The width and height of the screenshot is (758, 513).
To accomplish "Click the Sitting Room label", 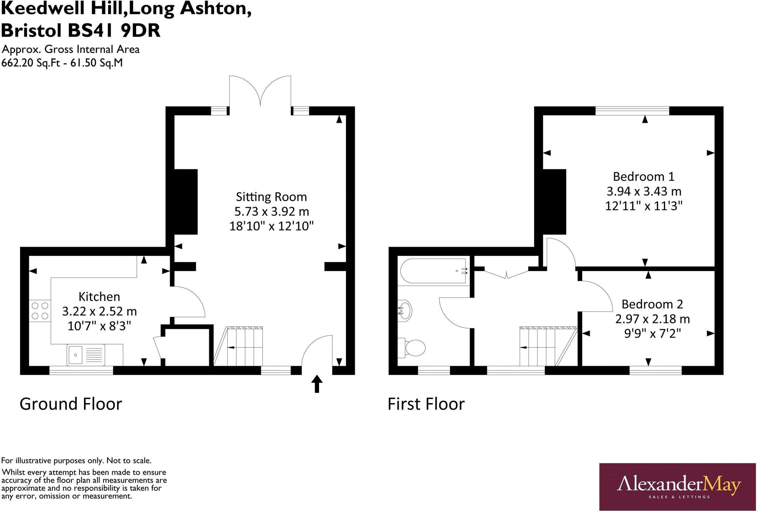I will (x=271, y=197).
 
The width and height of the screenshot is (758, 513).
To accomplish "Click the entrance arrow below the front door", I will (x=317, y=384).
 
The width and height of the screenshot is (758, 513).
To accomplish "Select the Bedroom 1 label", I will (x=644, y=176).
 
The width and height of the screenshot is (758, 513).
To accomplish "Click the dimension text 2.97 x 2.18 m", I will (x=652, y=319).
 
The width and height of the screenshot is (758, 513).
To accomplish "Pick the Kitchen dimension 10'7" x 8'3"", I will (x=99, y=326).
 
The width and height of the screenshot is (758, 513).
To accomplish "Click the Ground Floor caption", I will (x=71, y=404).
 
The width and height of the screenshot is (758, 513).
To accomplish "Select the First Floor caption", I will (x=426, y=404).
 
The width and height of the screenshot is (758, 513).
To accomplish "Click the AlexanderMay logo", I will (x=677, y=486).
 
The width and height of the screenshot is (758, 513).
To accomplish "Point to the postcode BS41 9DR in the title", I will (x=114, y=31).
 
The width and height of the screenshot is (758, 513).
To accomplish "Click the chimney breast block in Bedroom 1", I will (x=554, y=202).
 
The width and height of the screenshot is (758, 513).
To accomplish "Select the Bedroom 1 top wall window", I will (x=632, y=111).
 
